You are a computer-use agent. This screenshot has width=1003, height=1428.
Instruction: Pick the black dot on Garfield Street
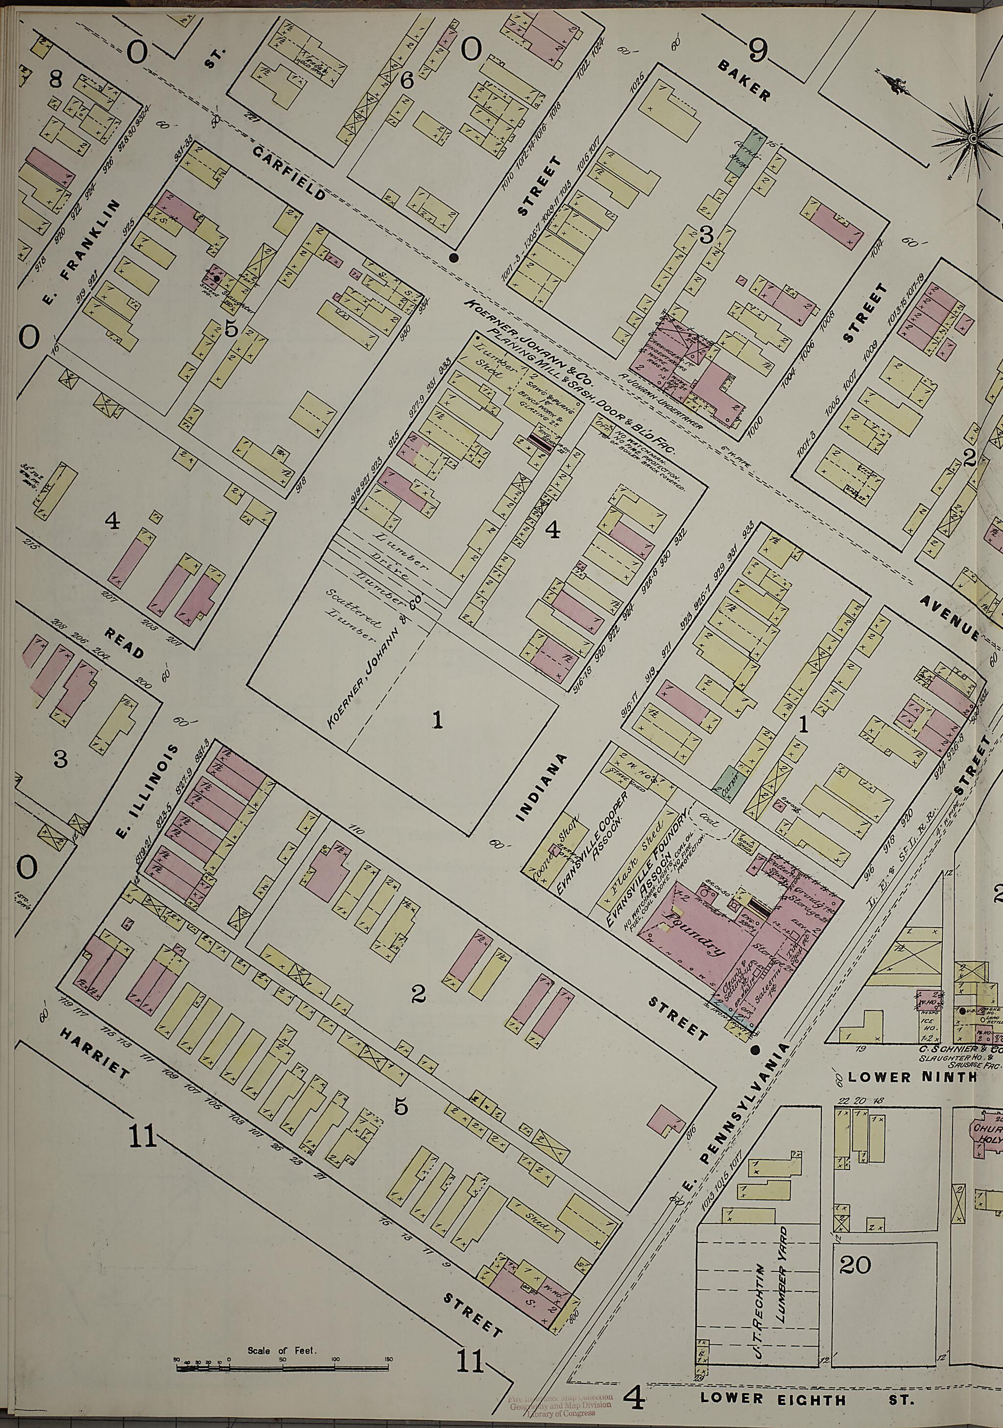point(454,258)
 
